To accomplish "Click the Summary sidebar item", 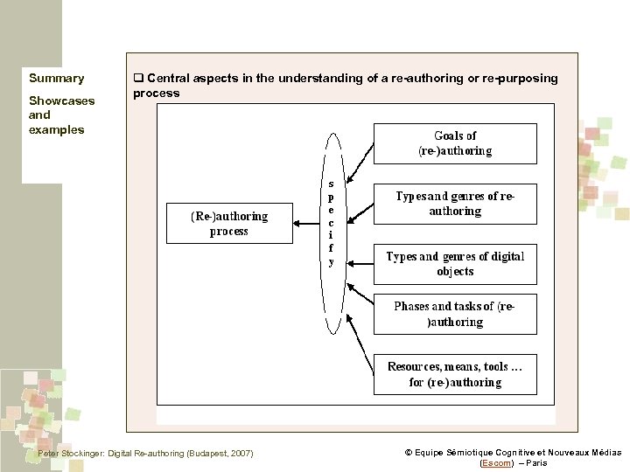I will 57,79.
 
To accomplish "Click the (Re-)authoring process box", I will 229,224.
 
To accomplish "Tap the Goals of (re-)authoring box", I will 455,143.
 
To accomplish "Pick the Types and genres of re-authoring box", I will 455,204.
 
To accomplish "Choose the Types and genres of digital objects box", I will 455,263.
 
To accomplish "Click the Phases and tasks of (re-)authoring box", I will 455,314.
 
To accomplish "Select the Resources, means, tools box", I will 455,374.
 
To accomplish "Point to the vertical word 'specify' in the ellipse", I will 331,223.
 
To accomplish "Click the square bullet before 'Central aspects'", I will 137,79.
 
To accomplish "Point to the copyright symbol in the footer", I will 409,453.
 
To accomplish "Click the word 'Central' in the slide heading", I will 166,79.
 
